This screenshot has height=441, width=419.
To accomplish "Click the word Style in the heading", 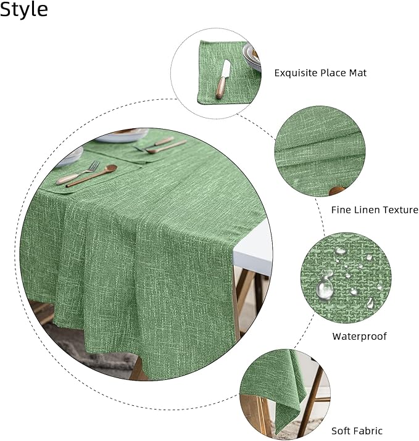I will point(23,10).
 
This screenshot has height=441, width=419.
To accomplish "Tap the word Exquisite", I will point(295,73).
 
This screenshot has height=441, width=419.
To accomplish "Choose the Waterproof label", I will point(359,336).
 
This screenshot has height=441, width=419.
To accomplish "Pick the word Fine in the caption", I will point(341,210).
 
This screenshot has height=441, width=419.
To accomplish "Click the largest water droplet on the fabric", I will point(325,287).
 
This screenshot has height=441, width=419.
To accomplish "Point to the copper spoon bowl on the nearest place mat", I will point(110,168).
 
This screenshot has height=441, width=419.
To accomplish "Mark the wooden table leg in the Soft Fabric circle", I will point(312,407).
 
